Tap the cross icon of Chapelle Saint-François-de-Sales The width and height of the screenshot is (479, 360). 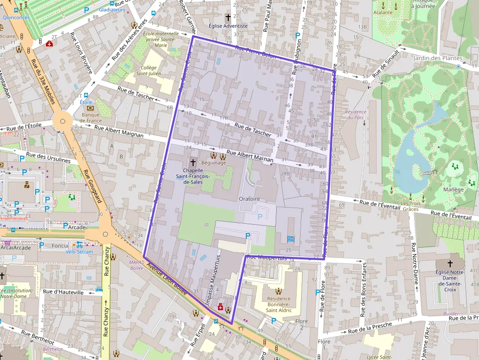193,162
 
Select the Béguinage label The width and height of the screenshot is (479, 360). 214,163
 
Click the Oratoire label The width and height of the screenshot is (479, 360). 249,199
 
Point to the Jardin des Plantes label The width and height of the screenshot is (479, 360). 444,58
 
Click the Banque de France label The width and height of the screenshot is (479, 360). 90,117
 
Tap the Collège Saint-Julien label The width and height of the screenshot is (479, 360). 149,71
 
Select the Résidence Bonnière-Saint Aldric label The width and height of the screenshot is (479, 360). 278,304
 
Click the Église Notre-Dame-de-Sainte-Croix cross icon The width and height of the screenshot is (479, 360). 450,263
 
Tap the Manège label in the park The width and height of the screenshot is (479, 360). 454,190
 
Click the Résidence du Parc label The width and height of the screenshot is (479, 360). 355,114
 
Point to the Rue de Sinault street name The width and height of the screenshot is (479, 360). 386,64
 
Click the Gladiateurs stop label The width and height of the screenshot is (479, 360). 111,9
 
